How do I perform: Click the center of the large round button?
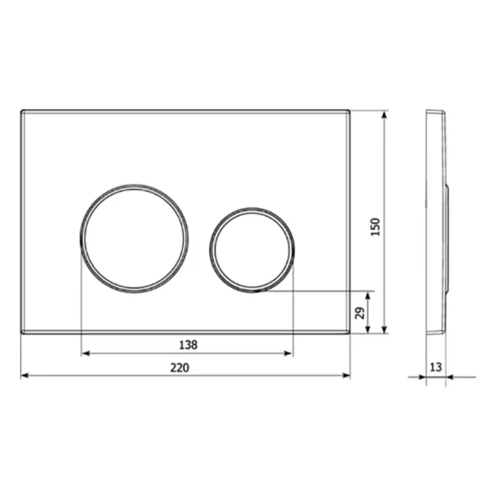[x=134, y=237]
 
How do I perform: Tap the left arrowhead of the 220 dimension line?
[x=24, y=377]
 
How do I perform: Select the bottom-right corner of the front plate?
[x=350, y=333]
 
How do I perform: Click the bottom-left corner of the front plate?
[x=20, y=333]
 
